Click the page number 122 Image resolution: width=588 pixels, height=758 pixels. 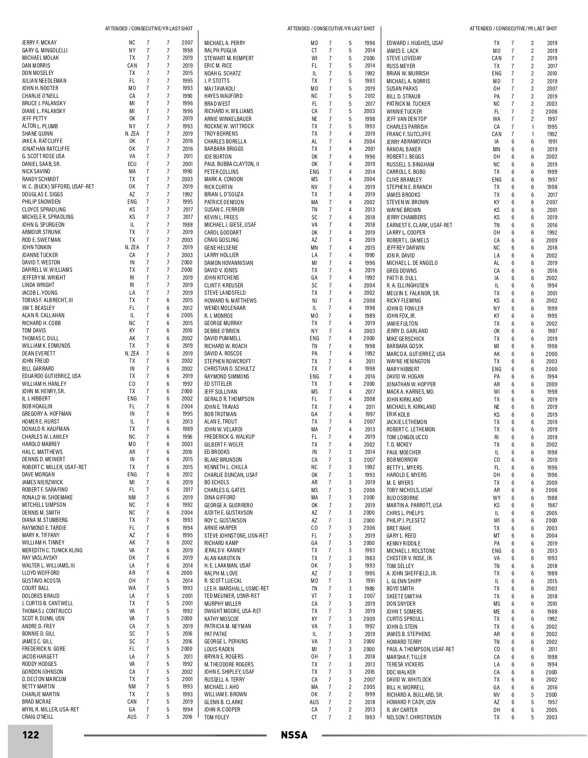click(x=30, y=735)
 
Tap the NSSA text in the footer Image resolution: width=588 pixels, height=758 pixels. click(x=294, y=735)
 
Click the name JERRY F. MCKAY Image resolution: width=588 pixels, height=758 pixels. click(x=39, y=43)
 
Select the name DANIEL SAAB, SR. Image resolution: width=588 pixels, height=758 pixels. click(x=41, y=164)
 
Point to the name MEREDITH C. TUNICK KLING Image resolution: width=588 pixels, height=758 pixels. click(x=52, y=550)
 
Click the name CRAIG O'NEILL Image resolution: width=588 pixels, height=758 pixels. click(x=38, y=717)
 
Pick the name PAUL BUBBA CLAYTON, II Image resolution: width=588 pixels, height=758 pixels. click(x=231, y=164)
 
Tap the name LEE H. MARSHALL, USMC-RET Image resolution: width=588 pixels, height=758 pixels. click(x=236, y=589)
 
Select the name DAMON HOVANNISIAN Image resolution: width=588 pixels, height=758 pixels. click(x=228, y=263)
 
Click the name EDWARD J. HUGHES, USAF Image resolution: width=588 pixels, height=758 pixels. click(x=415, y=43)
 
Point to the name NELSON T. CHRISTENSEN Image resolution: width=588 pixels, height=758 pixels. click(x=414, y=717)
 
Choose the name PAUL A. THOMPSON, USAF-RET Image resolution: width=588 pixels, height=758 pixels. click(x=420, y=649)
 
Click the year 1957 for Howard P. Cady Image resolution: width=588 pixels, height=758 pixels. click(x=551, y=702)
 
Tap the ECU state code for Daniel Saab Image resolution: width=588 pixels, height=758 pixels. click(x=132, y=164)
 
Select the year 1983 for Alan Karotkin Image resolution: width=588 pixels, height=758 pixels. click(x=369, y=558)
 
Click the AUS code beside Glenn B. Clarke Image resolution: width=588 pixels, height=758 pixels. click(x=314, y=702)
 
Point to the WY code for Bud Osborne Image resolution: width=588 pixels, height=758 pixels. click(x=496, y=498)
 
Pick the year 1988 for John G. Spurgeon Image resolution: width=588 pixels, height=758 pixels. click(x=187, y=225)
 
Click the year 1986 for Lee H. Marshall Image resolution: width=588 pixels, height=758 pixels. click(x=369, y=589)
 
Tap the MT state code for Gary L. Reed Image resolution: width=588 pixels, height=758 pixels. click(x=496, y=536)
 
